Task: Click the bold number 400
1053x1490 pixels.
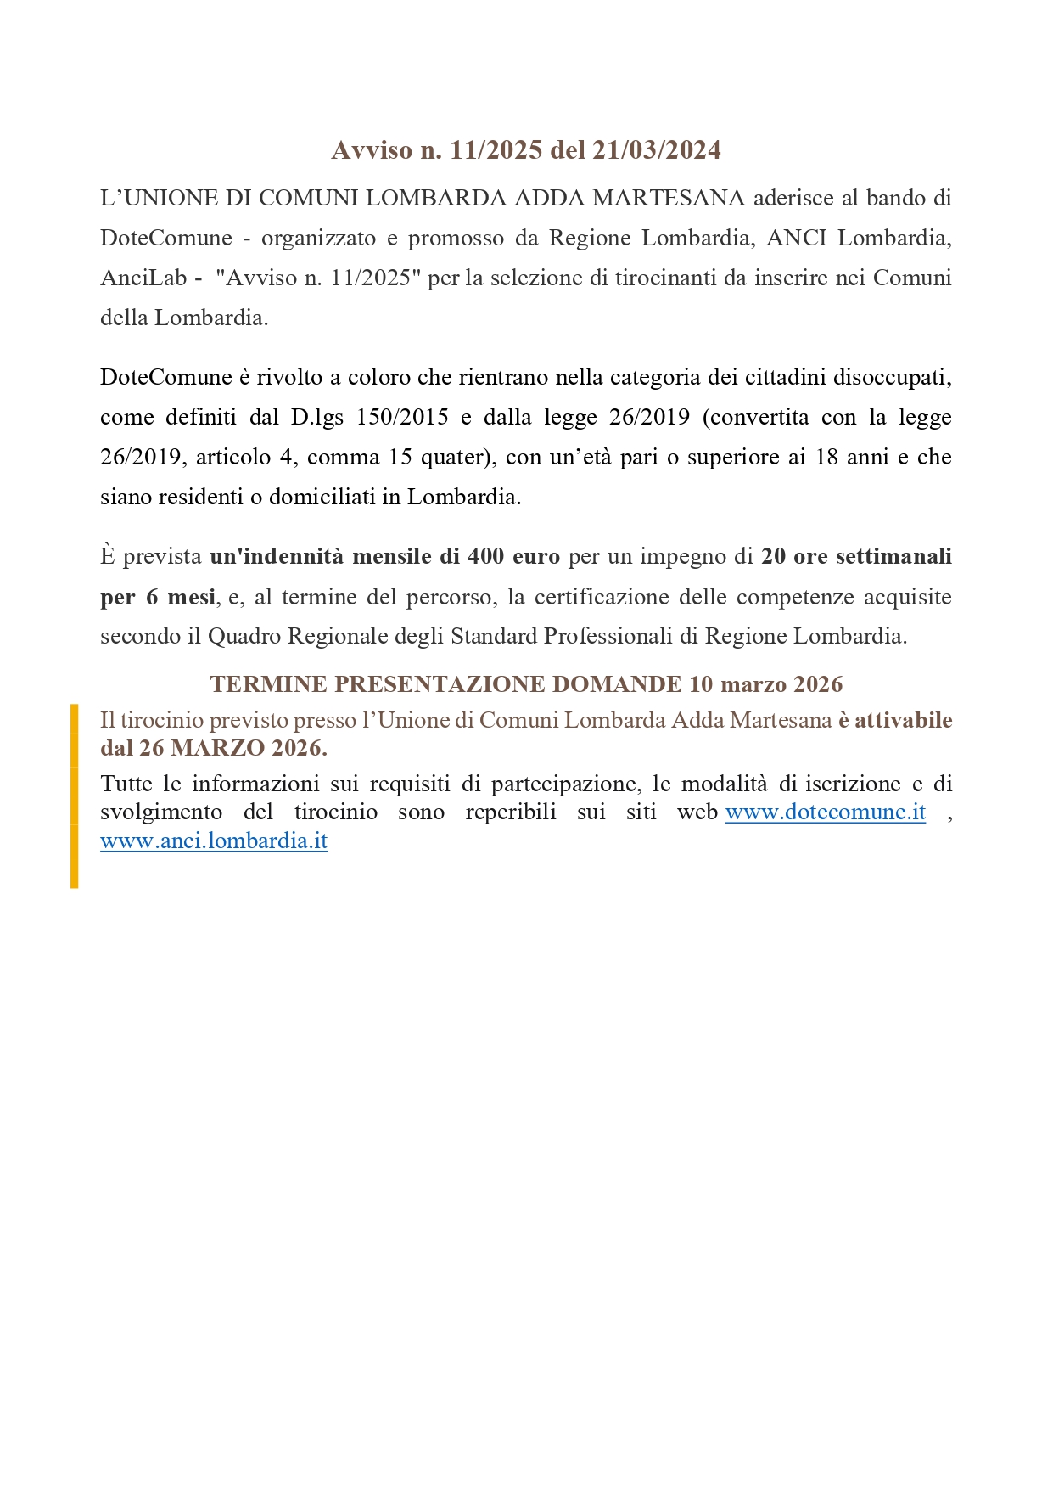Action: point(485,556)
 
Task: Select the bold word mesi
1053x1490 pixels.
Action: point(191,597)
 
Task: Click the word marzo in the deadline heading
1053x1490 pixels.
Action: point(753,684)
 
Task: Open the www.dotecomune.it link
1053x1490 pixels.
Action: point(825,812)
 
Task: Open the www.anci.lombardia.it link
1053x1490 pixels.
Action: point(214,841)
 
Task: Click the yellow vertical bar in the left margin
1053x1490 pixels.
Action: point(75,796)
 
